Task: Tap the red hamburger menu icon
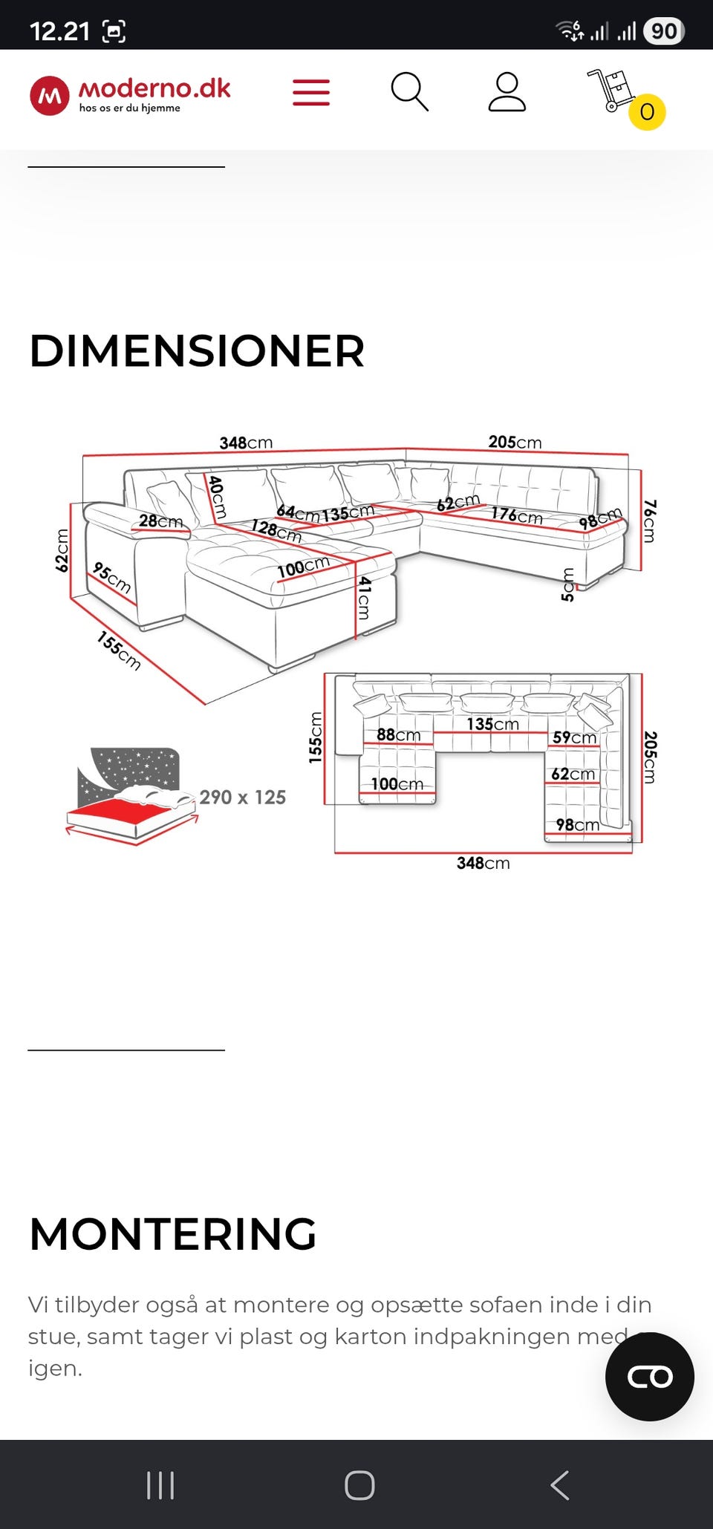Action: [x=311, y=92]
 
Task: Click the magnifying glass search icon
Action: [x=409, y=92]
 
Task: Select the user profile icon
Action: [x=507, y=92]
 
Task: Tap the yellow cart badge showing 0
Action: [x=647, y=112]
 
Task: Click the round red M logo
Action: [x=50, y=96]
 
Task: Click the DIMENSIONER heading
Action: [x=197, y=351]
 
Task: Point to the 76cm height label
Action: [x=649, y=521]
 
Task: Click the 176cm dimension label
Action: [x=516, y=514]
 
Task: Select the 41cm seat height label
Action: [x=364, y=598]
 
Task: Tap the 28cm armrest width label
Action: [x=160, y=521]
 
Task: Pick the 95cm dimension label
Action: [x=112, y=578]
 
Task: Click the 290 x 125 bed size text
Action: [x=242, y=797]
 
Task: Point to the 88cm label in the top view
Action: [x=398, y=734]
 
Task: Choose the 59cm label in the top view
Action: [x=574, y=737]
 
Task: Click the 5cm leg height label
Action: [x=568, y=584]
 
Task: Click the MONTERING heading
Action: [x=172, y=1233]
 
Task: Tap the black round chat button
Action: [x=650, y=1377]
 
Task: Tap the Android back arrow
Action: [x=560, y=1485]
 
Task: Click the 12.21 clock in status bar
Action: [x=59, y=31]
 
